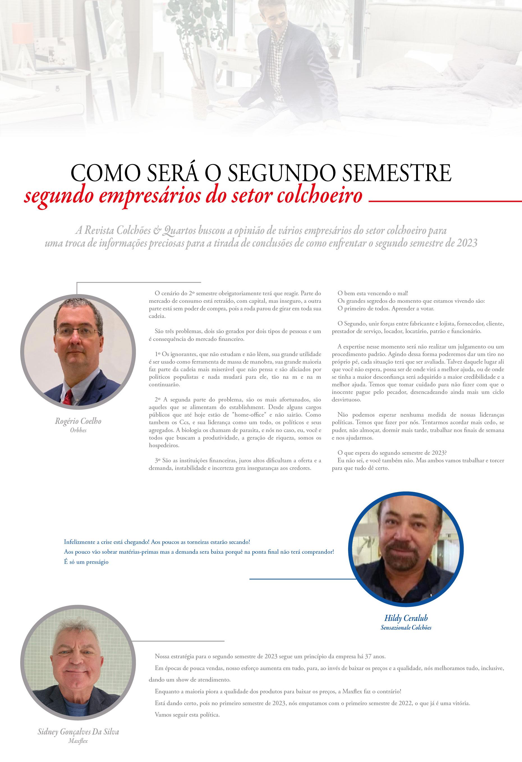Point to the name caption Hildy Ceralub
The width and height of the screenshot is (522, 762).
406,618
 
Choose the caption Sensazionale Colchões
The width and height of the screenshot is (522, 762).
406,627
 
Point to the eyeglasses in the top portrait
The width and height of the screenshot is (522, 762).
78,332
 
